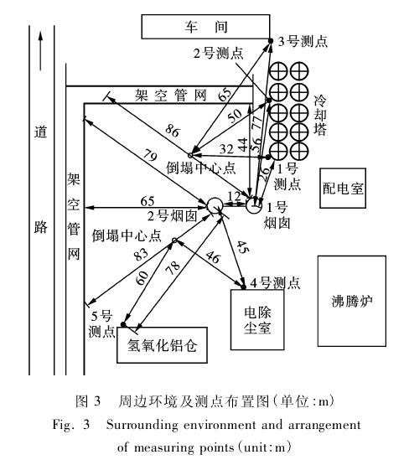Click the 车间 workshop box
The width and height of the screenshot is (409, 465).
point(205,27)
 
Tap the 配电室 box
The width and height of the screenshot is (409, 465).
point(343,188)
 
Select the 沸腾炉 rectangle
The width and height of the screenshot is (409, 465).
point(352,301)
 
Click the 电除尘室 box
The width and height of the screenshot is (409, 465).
point(257,319)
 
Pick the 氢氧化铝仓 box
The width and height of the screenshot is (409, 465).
point(162,345)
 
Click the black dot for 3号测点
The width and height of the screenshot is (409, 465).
point(271,40)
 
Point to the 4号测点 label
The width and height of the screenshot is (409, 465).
point(275,282)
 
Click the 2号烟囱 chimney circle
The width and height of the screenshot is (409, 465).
point(215,205)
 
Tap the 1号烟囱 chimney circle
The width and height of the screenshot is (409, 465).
point(254,205)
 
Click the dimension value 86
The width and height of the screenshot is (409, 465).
point(173,131)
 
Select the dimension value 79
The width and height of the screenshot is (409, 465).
point(150,155)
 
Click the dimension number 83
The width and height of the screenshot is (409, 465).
point(141,254)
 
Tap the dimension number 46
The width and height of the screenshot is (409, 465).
point(213,257)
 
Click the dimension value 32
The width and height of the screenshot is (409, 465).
point(226,148)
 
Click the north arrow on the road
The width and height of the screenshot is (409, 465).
point(40,51)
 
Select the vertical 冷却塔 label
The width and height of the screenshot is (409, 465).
point(320,115)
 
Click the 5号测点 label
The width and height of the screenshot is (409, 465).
point(101,323)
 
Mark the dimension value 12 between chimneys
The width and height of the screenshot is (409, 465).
point(234,196)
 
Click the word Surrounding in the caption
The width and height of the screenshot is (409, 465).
point(142,425)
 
